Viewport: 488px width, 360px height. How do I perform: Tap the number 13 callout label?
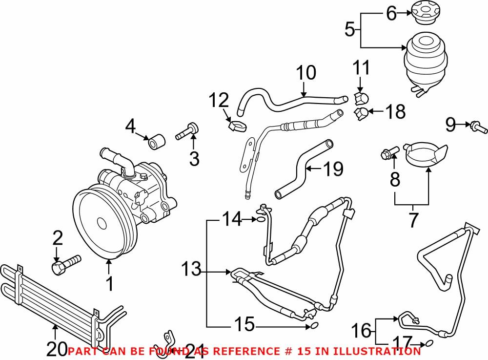(192, 269)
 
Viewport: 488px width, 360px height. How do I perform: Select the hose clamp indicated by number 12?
(237, 127)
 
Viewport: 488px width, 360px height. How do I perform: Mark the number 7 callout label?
(413, 220)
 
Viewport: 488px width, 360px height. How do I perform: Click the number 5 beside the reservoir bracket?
(349, 30)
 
